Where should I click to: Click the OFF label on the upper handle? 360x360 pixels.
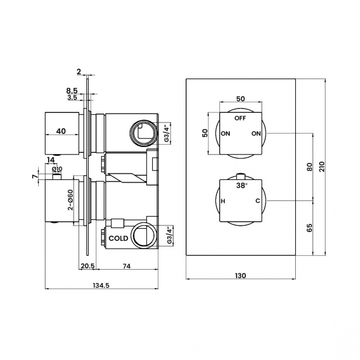pyautogui.click(x=240, y=119)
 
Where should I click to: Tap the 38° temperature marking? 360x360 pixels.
pyautogui.click(x=241, y=186)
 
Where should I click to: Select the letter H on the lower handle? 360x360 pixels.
pyautogui.click(x=223, y=201)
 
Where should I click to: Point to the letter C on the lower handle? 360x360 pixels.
pyautogui.click(x=258, y=201)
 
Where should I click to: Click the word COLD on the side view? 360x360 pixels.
pyautogui.click(x=118, y=238)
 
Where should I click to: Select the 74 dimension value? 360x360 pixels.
pyautogui.click(x=126, y=266)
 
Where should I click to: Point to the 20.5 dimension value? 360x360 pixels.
pyautogui.click(x=87, y=266)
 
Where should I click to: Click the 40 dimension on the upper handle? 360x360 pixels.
pyautogui.click(x=61, y=131)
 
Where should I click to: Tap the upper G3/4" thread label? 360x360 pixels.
pyautogui.click(x=166, y=133)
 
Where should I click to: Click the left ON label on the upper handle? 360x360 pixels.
pyautogui.click(x=225, y=134)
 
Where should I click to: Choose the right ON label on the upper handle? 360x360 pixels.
pyautogui.click(x=255, y=134)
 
